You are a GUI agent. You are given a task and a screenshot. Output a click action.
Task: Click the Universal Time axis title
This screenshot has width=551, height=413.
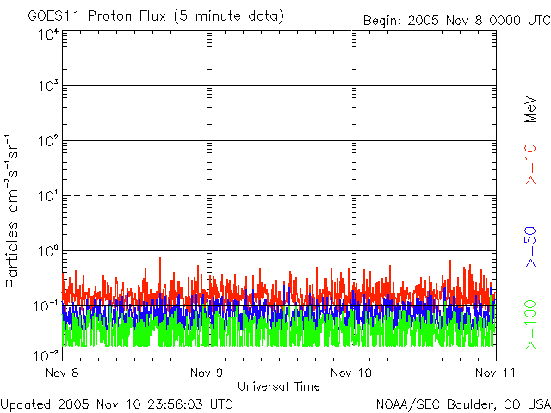[x=278, y=386]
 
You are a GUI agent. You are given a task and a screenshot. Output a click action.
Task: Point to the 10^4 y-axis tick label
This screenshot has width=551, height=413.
[x=48, y=35]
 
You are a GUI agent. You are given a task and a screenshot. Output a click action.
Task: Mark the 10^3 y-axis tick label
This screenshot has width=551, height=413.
[x=48, y=88]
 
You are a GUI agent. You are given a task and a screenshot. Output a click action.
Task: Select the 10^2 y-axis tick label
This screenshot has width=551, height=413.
[x=48, y=142]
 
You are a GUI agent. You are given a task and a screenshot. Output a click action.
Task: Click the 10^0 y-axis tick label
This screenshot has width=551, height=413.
[x=48, y=252]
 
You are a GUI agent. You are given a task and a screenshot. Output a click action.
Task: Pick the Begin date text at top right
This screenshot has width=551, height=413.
[x=455, y=20]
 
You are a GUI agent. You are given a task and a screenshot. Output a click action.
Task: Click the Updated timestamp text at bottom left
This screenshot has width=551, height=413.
[x=117, y=403]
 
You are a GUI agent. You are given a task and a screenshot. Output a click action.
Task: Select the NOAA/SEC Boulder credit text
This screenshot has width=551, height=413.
[x=462, y=403]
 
